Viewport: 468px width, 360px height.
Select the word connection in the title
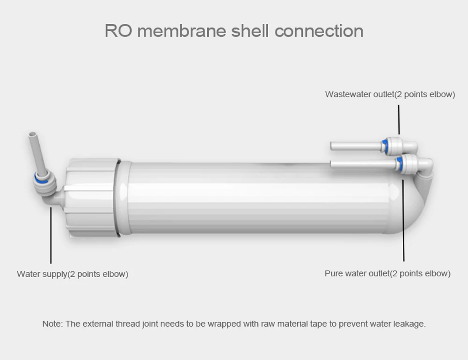(319, 31)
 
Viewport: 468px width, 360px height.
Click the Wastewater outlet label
(390, 94)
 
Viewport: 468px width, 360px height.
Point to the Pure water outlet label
(388, 273)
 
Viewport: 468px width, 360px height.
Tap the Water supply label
(73, 274)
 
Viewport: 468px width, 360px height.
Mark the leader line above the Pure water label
(403, 220)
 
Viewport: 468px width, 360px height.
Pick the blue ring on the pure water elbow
(400, 163)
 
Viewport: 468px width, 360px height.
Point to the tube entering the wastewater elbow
(356, 146)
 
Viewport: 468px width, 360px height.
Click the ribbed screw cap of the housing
(91, 197)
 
